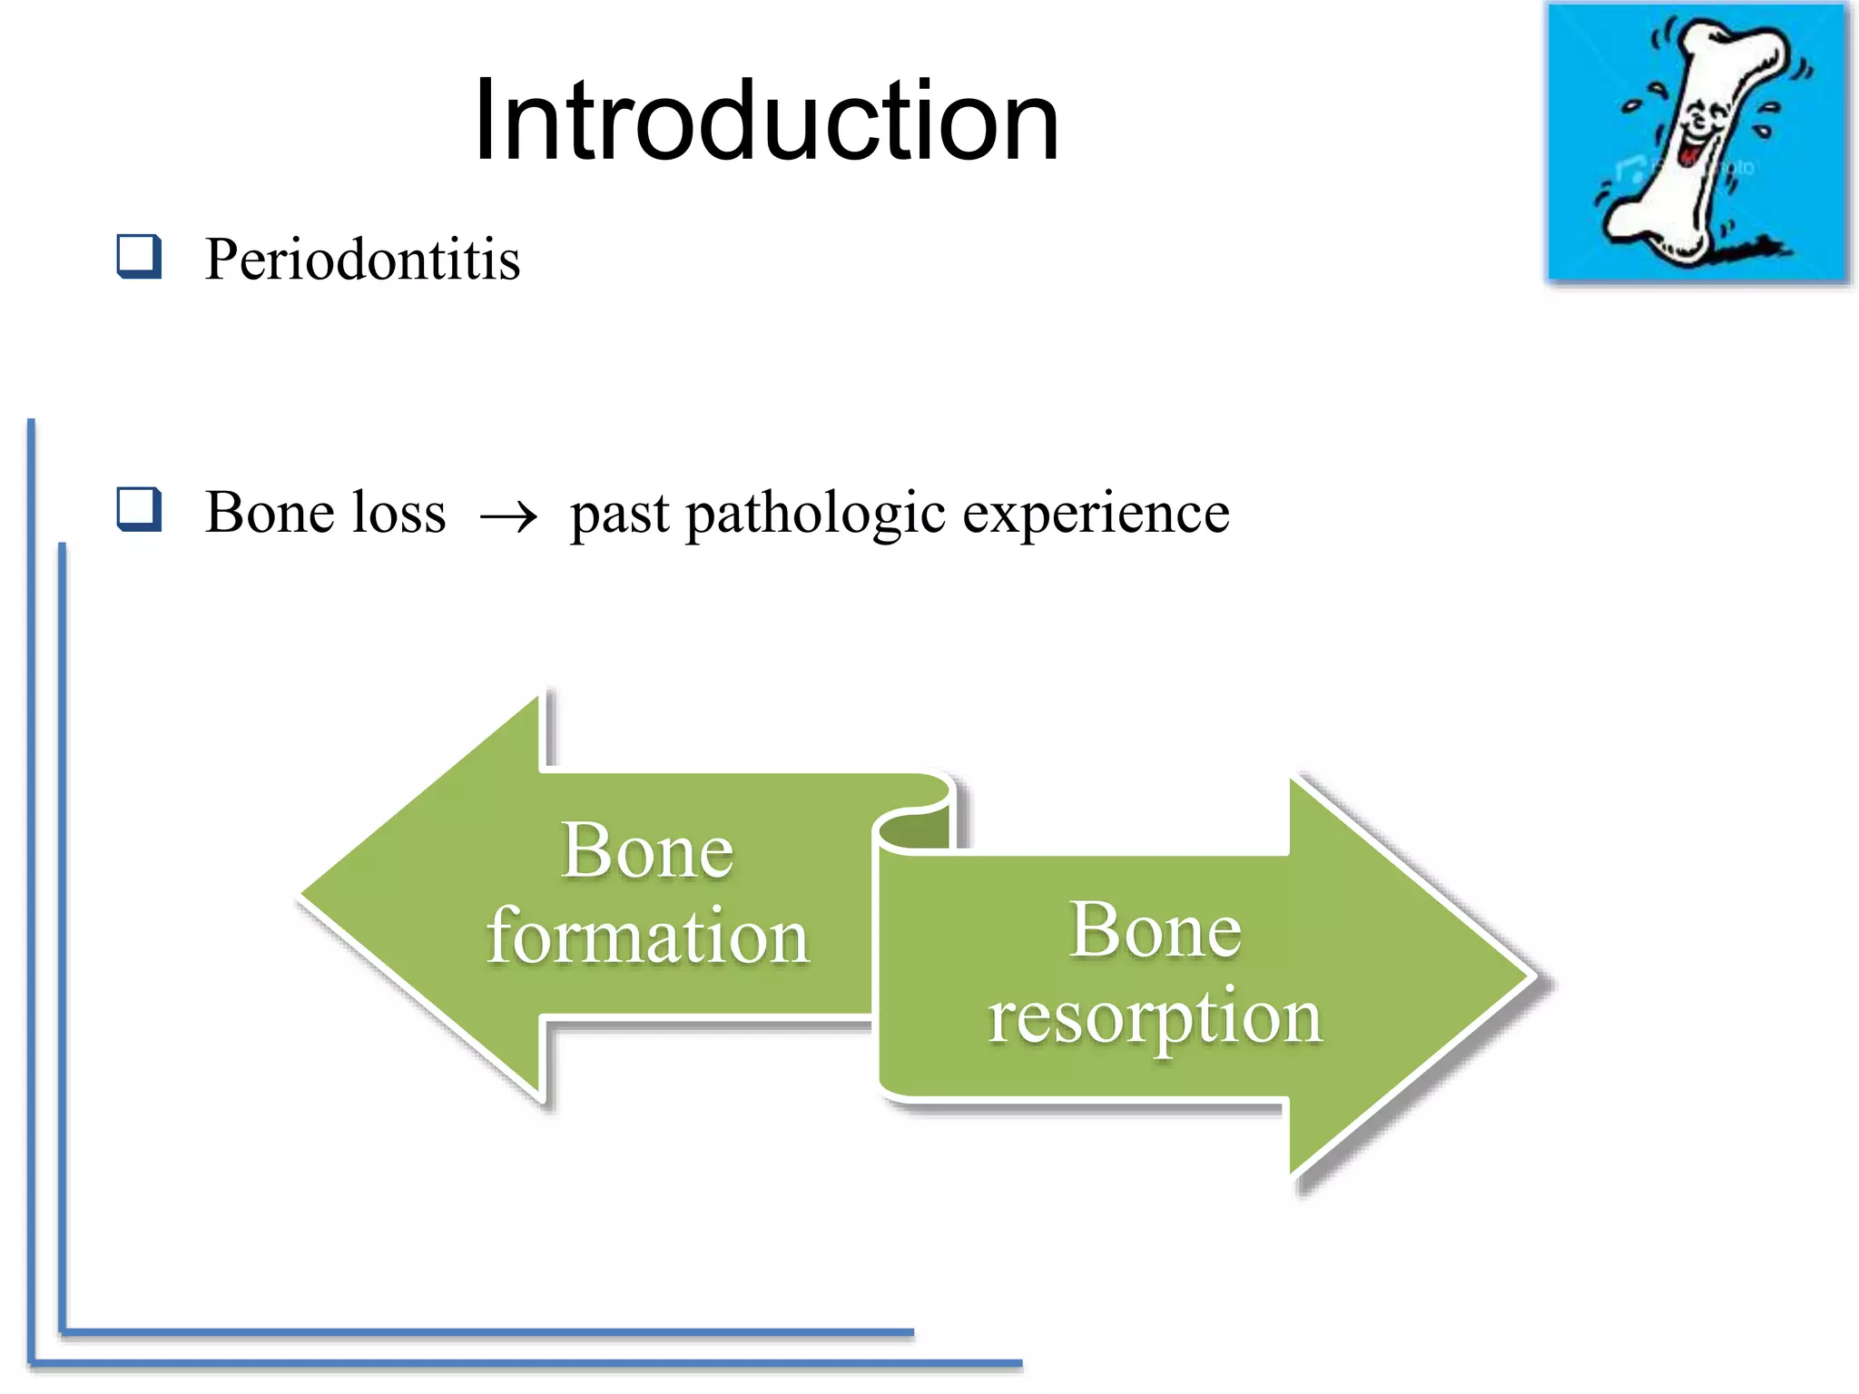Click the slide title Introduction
(x=766, y=121)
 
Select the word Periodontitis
(x=362, y=260)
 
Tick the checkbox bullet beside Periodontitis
(x=139, y=256)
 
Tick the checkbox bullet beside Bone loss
(x=139, y=509)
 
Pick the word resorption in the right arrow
(x=1155, y=1018)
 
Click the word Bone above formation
(x=647, y=850)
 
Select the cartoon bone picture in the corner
(x=1697, y=142)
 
